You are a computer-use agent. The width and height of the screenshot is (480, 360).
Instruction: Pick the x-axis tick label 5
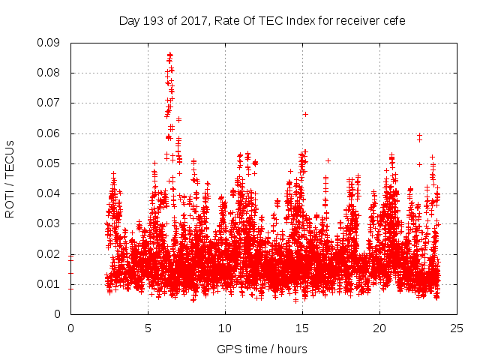click(x=148, y=328)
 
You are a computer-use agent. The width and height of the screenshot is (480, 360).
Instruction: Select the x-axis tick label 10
click(x=225, y=328)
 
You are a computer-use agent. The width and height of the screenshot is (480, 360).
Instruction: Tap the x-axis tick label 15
click(x=302, y=328)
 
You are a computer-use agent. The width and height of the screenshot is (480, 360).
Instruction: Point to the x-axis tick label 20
click(x=379, y=328)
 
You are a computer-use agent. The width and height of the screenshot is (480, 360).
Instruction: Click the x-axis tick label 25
click(x=457, y=328)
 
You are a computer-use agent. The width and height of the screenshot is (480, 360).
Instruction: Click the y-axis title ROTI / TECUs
click(x=10, y=178)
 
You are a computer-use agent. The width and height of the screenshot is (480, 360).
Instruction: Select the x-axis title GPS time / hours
click(x=262, y=349)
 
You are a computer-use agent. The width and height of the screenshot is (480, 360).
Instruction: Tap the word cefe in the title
click(x=392, y=21)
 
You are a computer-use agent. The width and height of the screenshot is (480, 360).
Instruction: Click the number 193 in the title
click(x=154, y=21)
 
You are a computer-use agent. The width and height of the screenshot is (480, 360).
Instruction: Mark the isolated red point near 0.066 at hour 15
click(x=305, y=114)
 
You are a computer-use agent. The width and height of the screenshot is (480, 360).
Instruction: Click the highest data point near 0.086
click(x=169, y=55)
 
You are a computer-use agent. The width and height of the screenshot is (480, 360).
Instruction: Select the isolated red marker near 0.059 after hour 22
click(x=419, y=136)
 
